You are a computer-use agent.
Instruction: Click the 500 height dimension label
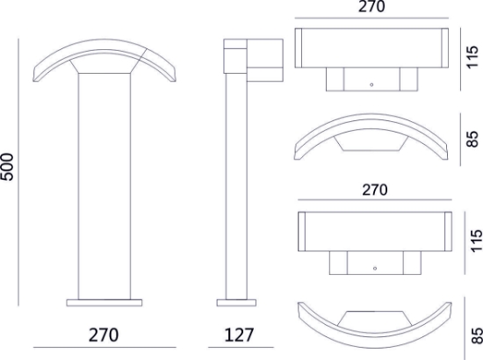tap(7, 167)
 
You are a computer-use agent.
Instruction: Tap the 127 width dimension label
tap(239, 335)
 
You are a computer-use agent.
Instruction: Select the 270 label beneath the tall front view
tap(104, 335)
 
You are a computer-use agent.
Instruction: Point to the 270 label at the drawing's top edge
tap(371, 6)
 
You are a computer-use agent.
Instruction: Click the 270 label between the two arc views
tap(375, 190)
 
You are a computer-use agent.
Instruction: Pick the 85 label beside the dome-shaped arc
tap(472, 140)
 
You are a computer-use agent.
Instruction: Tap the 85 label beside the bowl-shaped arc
tap(477, 335)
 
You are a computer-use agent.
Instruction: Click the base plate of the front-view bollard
tap(105, 303)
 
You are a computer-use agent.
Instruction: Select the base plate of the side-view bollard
tap(236, 303)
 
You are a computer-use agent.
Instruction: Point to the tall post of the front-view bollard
tap(105, 186)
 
